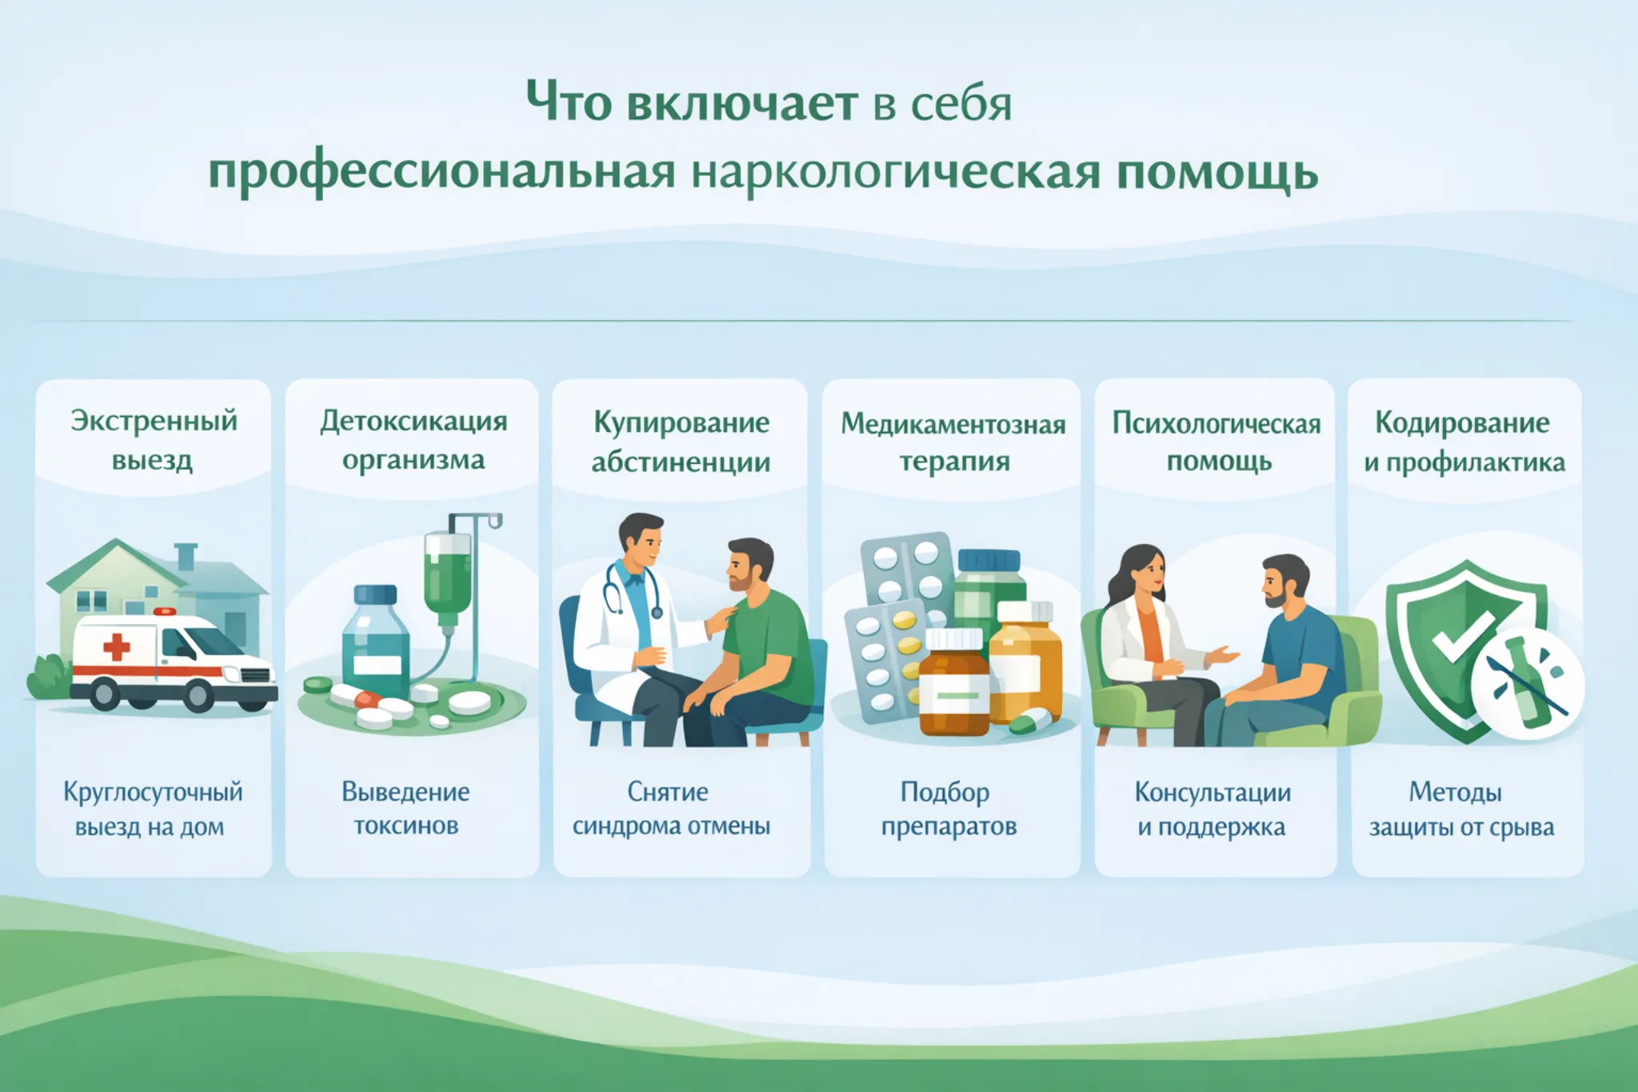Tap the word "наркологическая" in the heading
pyautogui.click(x=896, y=172)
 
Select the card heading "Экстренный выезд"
pyautogui.click(x=154, y=440)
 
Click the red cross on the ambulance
pyautogui.click(x=117, y=646)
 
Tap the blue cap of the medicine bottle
pyautogui.click(x=375, y=595)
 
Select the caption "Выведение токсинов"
pyautogui.click(x=406, y=808)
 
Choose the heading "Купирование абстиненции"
pyautogui.click(x=681, y=442)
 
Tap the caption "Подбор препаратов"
pyautogui.click(x=949, y=808)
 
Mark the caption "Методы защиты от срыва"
pyautogui.click(x=1461, y=809)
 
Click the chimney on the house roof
pyautogui.click(x=186, y=555)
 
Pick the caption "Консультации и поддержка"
pyautogui.click(x=1213, y=809)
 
